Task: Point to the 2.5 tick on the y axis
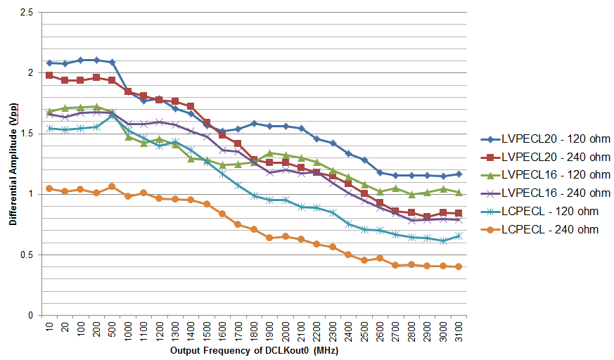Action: tap(26, 12)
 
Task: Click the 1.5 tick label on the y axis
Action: tap(26, 134)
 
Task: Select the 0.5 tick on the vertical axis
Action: tap(26, 255)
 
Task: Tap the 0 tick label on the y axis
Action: tap(31, 316)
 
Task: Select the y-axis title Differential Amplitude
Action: tap(13, 165)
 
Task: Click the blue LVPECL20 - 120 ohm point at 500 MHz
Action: tap(112, 63)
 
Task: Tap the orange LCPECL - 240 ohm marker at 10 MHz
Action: tap(49, 188)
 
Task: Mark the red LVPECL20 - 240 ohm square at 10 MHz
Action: tap(49, 75)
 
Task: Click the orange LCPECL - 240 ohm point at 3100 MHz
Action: tap(459, 266)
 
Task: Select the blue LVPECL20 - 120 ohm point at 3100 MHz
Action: tap(459, 174)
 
